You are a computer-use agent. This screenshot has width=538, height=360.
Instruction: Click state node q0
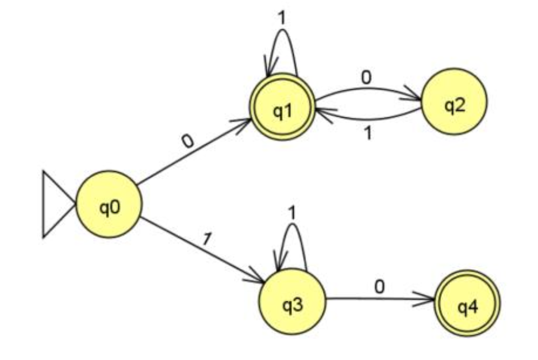click(x=109, y=204)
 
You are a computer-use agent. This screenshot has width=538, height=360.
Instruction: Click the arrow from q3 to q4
click(x=379, y=299)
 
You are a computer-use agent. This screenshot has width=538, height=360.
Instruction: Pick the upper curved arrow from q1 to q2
click(x=368, y=89)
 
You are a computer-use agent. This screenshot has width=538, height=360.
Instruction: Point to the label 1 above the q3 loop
click(x=291, y=212)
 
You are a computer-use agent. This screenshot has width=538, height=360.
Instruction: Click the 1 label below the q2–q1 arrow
click(x=368, y=133)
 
